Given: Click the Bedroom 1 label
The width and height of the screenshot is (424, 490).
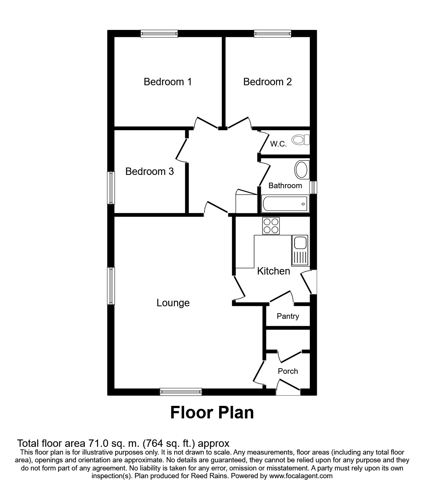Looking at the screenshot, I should click(x=168, y=82).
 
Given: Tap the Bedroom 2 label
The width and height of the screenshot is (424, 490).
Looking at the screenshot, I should click(x=267, y=82).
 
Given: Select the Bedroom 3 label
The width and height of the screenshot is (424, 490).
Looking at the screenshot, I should click(x=150, y=172).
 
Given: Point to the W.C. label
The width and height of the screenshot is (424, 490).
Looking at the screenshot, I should click(x=278, y=144).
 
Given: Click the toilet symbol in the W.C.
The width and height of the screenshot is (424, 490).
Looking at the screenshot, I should click(x=301, y=140).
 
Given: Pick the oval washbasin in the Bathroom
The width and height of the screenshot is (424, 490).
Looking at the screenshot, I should click(x=302, y=170).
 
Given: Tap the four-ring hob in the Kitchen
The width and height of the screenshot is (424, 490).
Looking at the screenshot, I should click(x=271, y=226).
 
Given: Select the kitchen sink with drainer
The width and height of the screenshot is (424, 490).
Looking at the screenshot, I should click(x=300, y=250).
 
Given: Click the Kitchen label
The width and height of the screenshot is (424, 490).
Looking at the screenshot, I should click(x=273, y=271).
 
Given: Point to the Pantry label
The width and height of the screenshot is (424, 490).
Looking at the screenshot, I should click(x=288, y=316).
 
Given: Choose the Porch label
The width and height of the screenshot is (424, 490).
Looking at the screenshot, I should click(x=288, y=371).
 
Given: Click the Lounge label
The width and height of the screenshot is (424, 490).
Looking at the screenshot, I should click(x=173, y=303).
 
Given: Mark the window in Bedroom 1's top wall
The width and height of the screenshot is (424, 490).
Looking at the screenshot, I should click(x=159, y=34).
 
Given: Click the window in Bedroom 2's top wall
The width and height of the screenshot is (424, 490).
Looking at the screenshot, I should click(x=273, y=34).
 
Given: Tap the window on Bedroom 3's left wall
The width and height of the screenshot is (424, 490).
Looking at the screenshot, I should click(x=111, y=187).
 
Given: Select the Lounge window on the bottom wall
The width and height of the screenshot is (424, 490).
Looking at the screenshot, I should click(x=181, y=392).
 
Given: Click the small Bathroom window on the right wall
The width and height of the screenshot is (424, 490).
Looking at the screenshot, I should click(x=313, y=187).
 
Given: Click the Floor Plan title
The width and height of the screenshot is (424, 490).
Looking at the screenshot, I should click(x=212, y=413).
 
